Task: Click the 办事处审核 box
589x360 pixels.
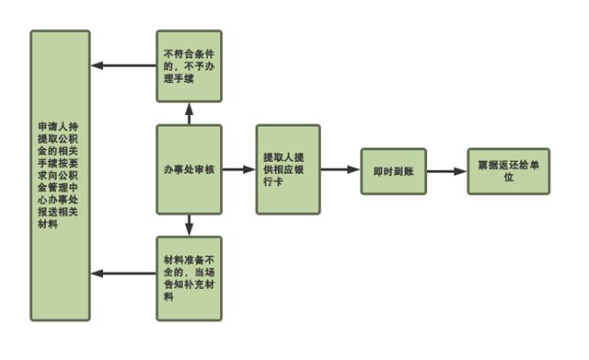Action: point(189,169)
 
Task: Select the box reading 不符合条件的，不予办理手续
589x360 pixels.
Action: point(189,66)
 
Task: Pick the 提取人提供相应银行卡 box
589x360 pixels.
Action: point(287,169)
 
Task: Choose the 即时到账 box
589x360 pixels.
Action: point(393,170)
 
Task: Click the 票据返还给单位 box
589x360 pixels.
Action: point(508,170)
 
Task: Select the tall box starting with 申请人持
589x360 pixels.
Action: point(60,175)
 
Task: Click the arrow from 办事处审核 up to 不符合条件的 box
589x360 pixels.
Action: point(189,113)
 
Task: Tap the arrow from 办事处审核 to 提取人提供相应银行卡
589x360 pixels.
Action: point(238,169)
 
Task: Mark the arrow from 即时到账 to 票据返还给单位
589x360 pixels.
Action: point(446,170)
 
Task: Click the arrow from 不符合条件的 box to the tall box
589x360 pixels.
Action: point(123,66)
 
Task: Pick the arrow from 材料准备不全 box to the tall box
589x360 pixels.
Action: point(123,273)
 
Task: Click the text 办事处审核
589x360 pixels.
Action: point(189,169)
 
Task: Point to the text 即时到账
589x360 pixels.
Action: point(393,170)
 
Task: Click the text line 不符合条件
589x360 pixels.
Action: point(189,52)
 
